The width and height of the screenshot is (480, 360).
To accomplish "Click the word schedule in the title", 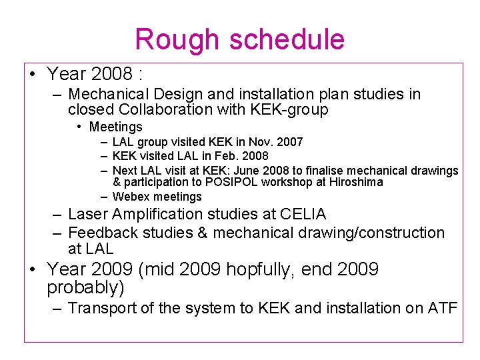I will pyautogui.click(x=287, y=39).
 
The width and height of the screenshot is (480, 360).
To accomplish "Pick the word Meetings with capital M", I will pyautogui.click(x=115, y=127).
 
